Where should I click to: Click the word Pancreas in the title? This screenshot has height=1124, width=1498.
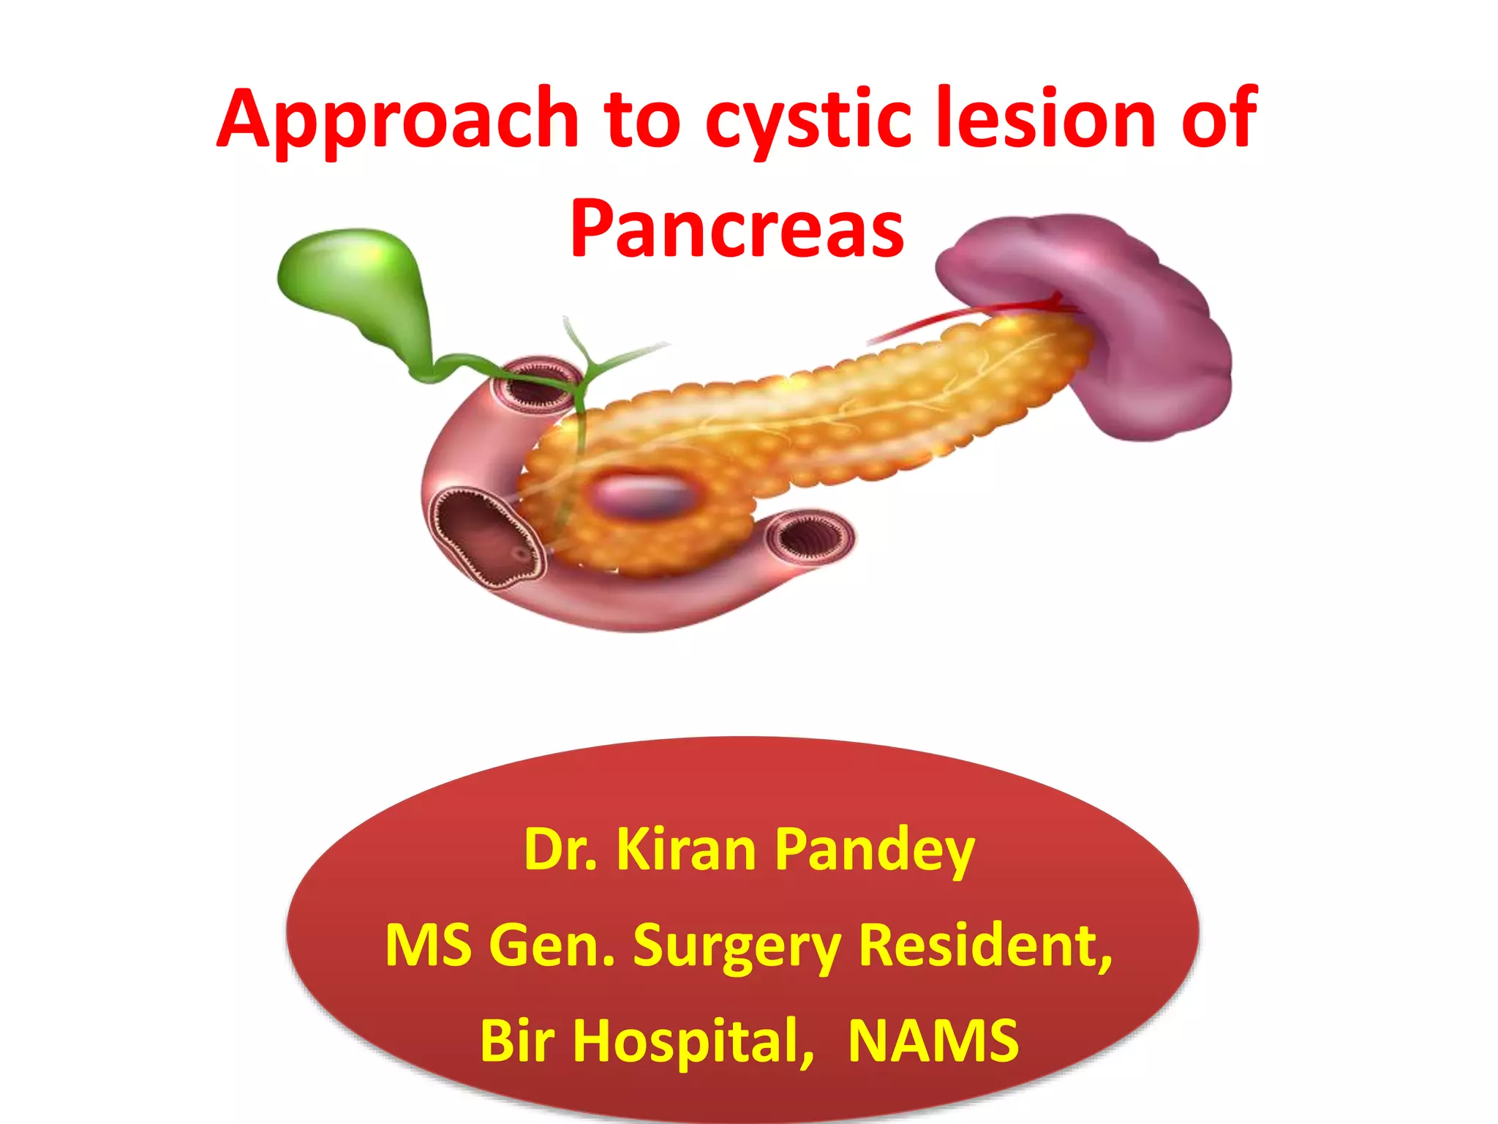[737, 228]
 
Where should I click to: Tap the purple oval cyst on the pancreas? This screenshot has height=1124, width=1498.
[642, 494]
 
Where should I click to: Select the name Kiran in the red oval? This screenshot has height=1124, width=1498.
[686, 850]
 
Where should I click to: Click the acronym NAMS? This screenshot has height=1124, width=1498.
[933, 1041]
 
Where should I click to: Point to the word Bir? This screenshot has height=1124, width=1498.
[516, 1041]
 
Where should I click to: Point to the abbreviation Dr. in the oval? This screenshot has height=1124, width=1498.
[560, 850]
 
